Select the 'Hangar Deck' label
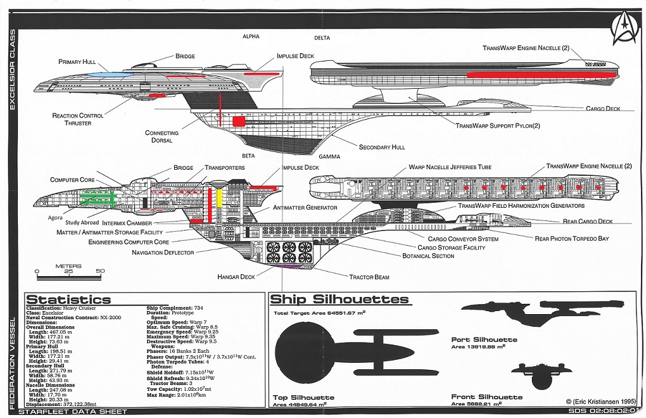tap(236, 277)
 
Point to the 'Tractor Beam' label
tap(369, 277)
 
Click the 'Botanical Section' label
tap(428, 256)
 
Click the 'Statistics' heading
tap(68, 300)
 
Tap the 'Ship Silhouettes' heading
tap(339, 299)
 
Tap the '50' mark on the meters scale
tap(100, 270)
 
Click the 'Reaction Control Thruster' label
tap(79, 119)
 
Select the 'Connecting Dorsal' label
tap(162, 137)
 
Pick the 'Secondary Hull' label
tap(382, 147)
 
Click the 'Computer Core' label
tap(73, 180)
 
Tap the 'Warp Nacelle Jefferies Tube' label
tap(450, 167)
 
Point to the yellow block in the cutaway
tap(220, 198)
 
